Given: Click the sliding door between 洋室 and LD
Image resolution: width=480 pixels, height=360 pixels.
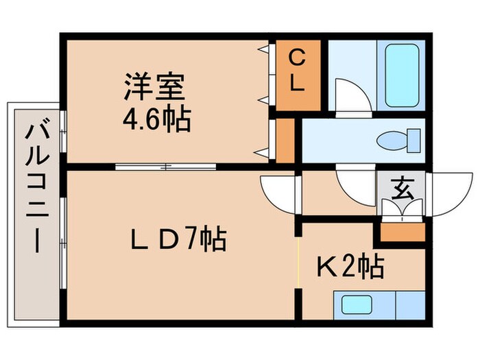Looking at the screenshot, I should point(165,166).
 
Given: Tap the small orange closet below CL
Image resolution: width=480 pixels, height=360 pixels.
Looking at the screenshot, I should point(286,141).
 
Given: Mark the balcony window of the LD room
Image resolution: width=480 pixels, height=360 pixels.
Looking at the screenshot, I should point(62,243).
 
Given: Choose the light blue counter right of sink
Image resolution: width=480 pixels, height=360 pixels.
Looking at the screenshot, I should point(410,302).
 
